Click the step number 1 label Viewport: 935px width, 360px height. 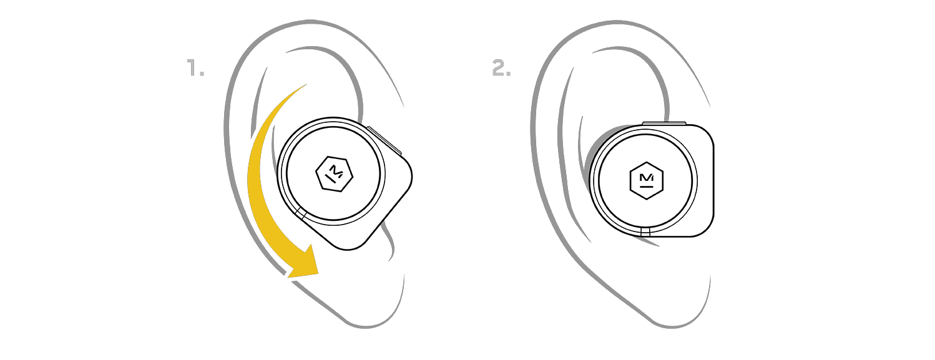(195, 67)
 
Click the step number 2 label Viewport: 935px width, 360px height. (501, 67)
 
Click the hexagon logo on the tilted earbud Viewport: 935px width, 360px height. (335, 174)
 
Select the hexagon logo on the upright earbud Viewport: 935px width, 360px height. (647, 181)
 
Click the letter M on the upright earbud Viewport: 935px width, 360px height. (647, 178)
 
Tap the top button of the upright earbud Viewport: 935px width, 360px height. (664, 123)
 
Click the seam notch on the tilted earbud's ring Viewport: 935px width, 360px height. (301, 214)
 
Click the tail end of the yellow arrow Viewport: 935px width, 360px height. (306, 84)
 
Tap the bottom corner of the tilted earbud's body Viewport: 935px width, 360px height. (348, 248)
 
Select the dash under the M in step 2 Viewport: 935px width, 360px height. (647, 187)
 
